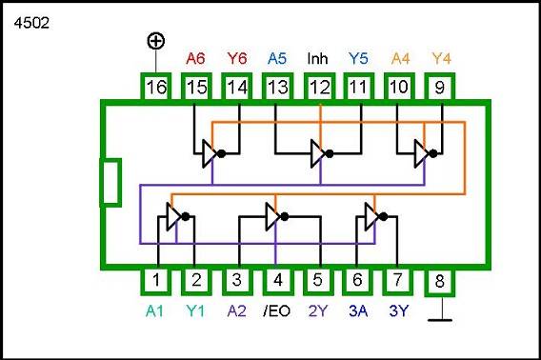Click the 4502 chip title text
(31, 21)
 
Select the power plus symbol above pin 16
(154, 41)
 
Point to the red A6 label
(195, 58)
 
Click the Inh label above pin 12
(318, 58)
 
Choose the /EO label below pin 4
(276, 309)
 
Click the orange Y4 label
(440, 58)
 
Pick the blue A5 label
(277, 58)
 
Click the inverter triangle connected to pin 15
(210, 152)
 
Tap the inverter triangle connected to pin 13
(318, 152)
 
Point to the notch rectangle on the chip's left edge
(111, 182)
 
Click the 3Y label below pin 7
(399, 309)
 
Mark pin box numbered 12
(318, 89)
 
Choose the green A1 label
(154, 309)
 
